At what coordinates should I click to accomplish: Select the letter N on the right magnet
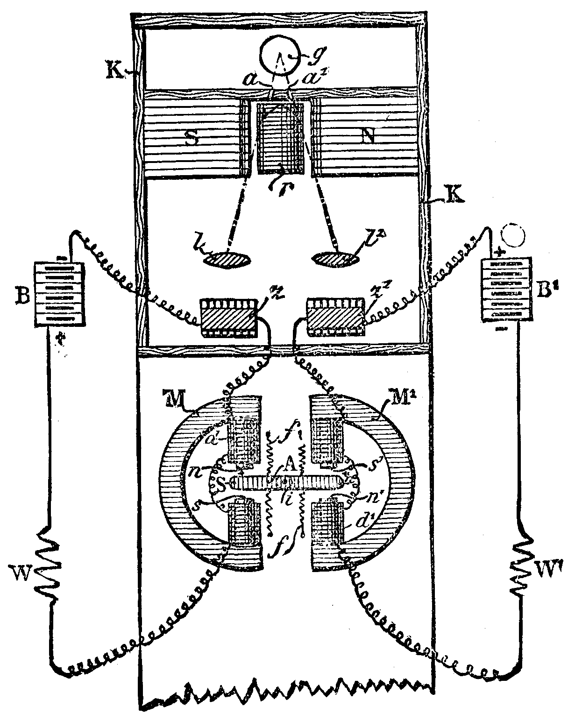pos(369,136)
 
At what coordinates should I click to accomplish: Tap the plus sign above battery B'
pos(502,252)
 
